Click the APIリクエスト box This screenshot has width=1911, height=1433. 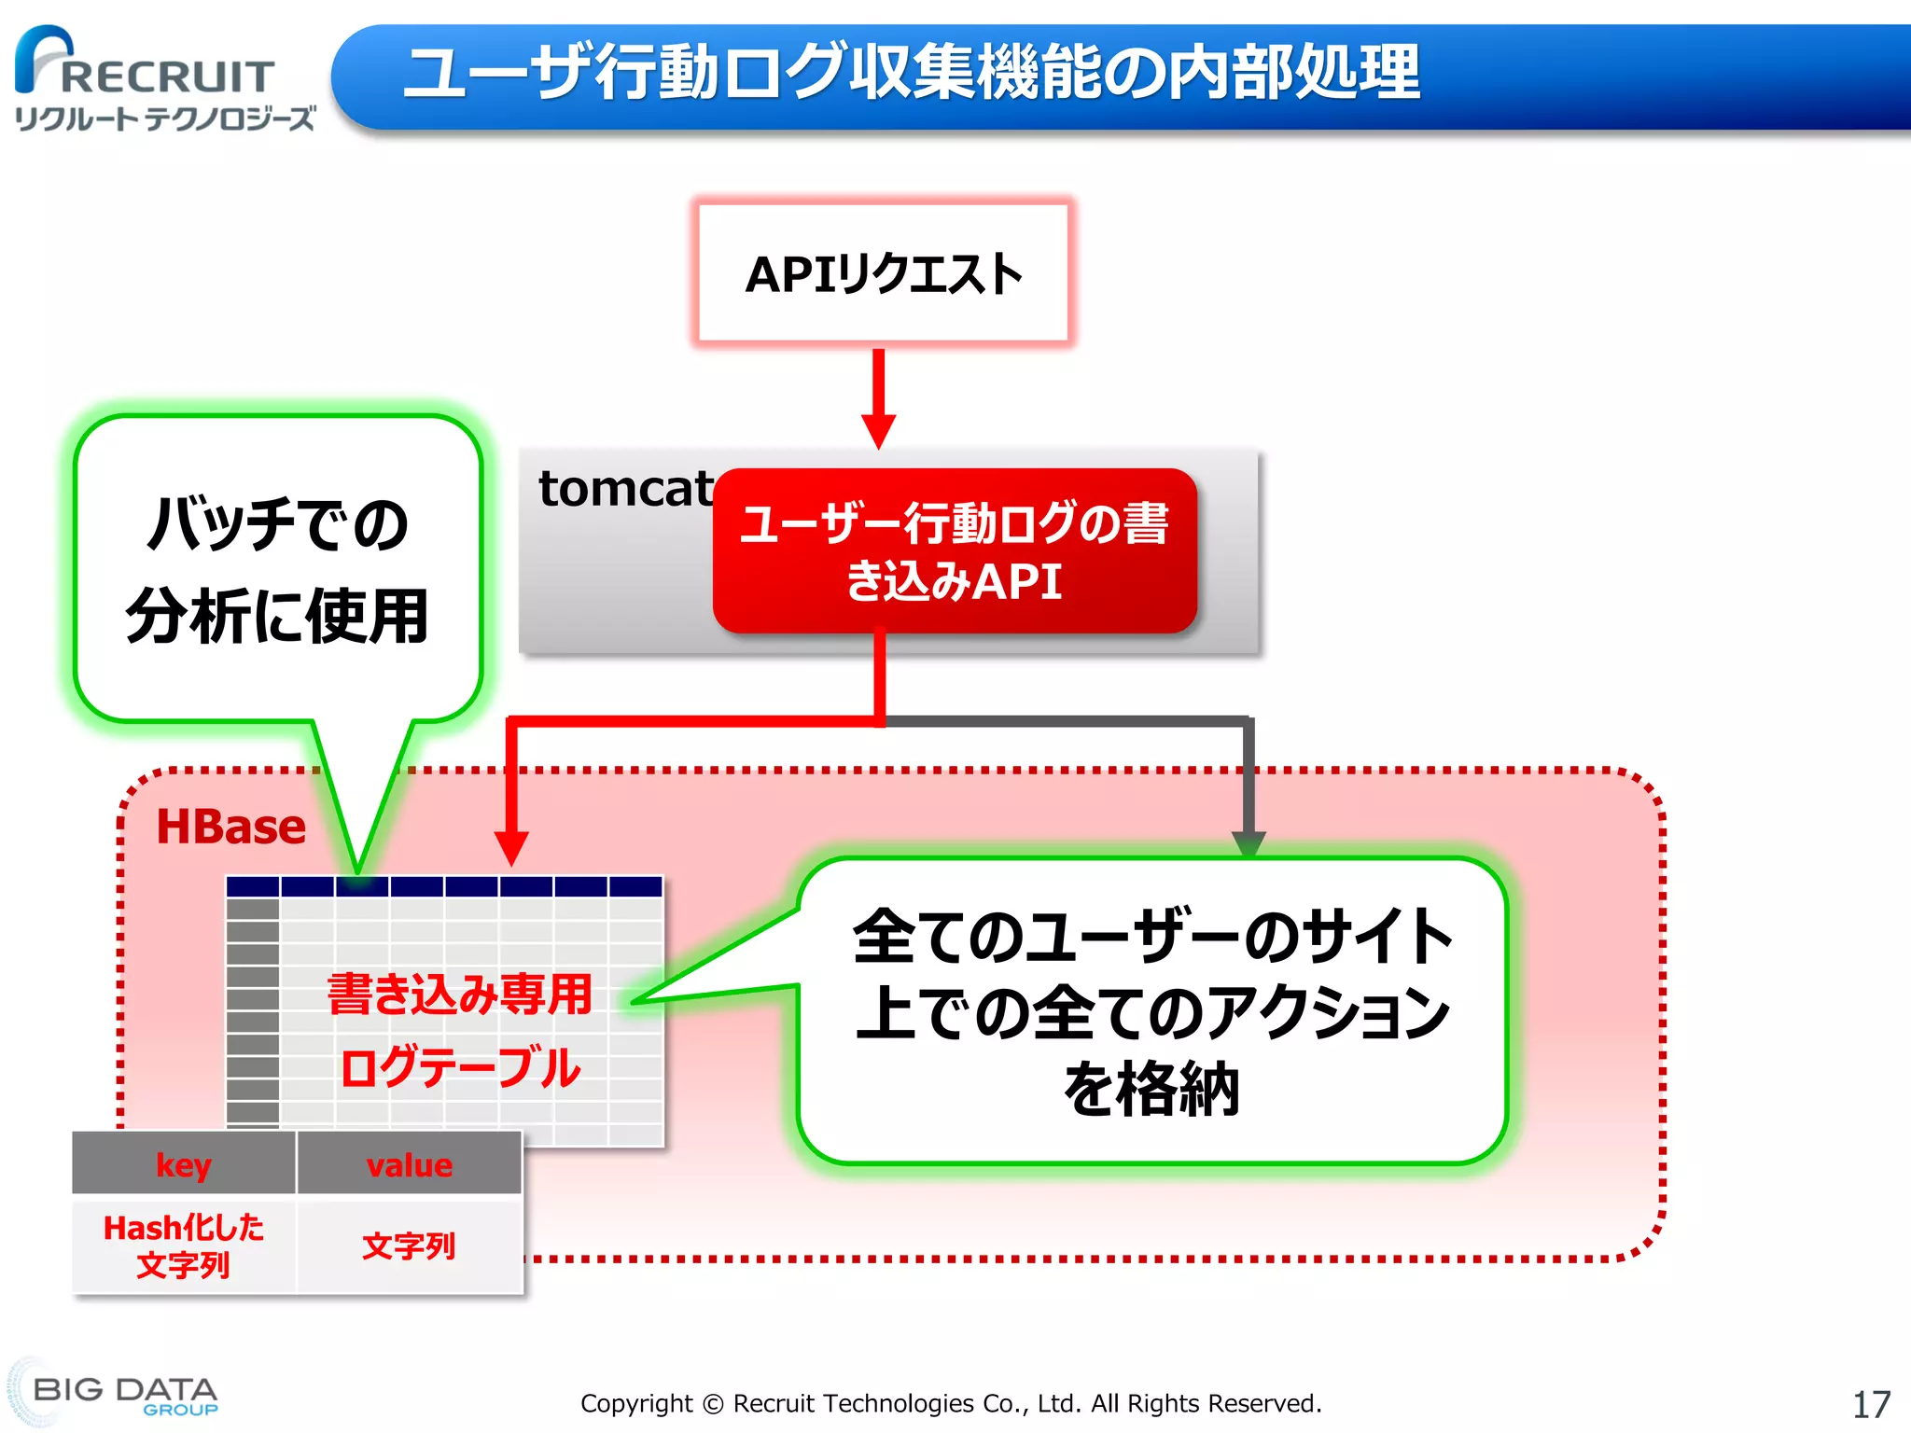pyautogui.click(x=883, y=273)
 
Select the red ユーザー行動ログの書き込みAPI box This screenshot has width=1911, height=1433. pyautogui.click(x=954, y=550)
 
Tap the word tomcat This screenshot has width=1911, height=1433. pyautogui.click(x=624, y=489)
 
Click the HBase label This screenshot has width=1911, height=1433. pyautogui.click(x=230, y=827)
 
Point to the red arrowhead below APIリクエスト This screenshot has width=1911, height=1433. pyautogui.click(x=878, y=430)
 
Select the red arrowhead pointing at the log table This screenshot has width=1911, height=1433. pyautogui.click(x=511, y=847)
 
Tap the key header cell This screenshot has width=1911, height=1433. pyautogui.click(x=184, y=1164)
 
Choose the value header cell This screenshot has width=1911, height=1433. pyautogui.click(x=409, y=1164)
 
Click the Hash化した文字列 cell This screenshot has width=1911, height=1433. pyautogui.click(x=184, y=1245)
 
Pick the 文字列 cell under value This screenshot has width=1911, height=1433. pyautogui.click(x=409, y=1245)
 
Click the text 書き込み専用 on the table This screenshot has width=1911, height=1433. pyautogui.click(x=460, y=994)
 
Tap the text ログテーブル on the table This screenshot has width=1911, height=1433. pyautogui.click(x=460, y=1067)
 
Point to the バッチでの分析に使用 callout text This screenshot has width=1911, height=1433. pyautogui.click(x=277, y=569)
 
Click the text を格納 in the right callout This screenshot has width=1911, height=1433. pyautogui.click(x=1151, y=1089)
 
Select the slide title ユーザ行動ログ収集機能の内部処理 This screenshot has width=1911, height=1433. pyautogui.click(x=911, y=73)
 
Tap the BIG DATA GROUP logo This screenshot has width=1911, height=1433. pyautogui.click(x=123, y=1394)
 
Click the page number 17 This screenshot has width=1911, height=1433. pyautogui.click(x=1870, y=1404)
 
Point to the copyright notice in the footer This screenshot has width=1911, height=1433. pyautogui.click(x=951, y=1403)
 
